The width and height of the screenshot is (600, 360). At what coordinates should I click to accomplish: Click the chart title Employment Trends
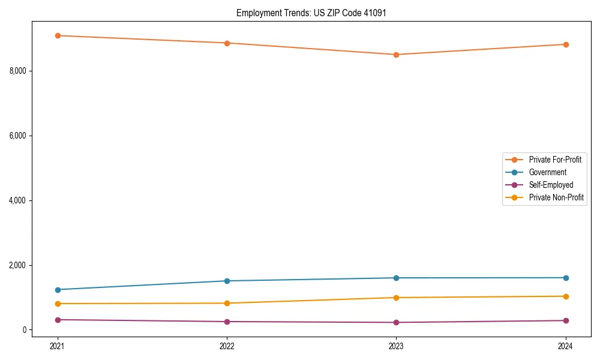[307, 13]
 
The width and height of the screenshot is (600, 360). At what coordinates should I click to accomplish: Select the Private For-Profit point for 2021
[58, 35]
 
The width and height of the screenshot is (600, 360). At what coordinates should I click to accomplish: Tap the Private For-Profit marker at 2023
[396, 55]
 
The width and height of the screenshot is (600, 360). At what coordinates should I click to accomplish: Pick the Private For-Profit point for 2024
[565, 44]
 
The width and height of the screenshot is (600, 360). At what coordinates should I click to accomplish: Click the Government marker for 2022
[227, 281]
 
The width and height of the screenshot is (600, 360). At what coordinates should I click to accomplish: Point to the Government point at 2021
[58, 290]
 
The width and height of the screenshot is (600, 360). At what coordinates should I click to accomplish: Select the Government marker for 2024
[565, 278]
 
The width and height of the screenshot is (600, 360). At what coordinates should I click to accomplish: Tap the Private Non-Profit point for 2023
[396, 298]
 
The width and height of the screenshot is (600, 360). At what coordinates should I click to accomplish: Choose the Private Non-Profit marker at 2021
[58, 304]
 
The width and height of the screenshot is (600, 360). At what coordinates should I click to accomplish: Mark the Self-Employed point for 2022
[227, 322]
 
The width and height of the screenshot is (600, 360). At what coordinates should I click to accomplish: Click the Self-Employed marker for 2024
[565, 320]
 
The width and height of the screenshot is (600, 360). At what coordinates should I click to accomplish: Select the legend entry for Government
[547, 172]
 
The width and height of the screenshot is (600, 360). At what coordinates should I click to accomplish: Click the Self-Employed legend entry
[551, 185]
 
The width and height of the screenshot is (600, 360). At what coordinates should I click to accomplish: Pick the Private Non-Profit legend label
[556, 197]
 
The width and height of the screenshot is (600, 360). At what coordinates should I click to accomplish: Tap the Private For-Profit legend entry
[555, 160]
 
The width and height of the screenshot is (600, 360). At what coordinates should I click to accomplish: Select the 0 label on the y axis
[25, 330]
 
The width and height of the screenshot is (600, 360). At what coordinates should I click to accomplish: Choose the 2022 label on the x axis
[227, 346]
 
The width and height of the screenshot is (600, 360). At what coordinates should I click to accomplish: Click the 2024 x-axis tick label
[565, 346]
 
